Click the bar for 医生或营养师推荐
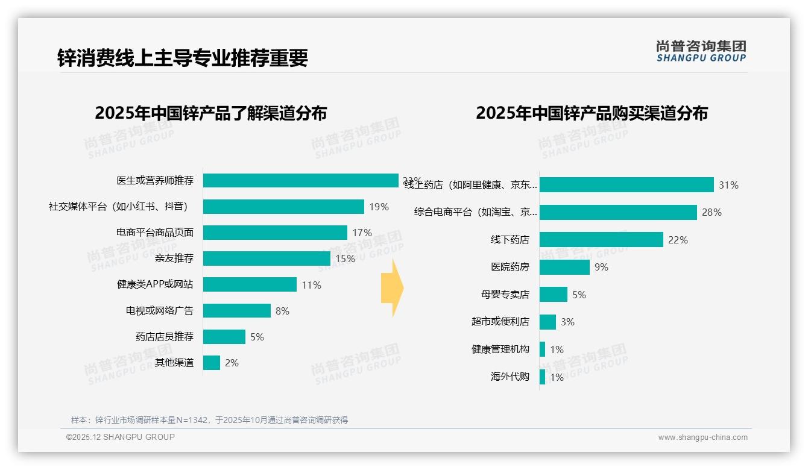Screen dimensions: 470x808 (x=300, y=180)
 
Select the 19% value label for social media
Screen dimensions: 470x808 (x=379, y=207)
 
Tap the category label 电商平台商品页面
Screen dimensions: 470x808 (x=155, y=233)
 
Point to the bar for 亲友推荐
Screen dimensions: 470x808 (x=267, y=258)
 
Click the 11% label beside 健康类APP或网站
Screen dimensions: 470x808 (x=312, y=285)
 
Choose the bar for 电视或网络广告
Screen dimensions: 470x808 (x=236, y=311)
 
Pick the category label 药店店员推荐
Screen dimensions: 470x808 (x=164, y=337)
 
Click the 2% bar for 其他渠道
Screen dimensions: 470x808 (x=212, y=363)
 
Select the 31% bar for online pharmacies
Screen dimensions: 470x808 (x=627, y=185)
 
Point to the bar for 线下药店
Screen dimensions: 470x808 (x=601, y=240)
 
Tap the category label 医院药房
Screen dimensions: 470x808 (x=510, y=267)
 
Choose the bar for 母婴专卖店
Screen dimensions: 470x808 (x=554, y=295)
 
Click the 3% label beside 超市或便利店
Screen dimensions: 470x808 (x=567, y=322)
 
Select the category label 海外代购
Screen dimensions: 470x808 (x=510, y=377)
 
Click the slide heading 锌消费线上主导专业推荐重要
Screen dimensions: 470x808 (x=183, y=58)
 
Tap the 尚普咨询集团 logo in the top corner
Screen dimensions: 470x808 (x=701, y=51)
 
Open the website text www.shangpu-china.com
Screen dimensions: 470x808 (x=702, y=437)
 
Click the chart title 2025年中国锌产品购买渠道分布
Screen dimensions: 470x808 (x=592, y=113)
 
